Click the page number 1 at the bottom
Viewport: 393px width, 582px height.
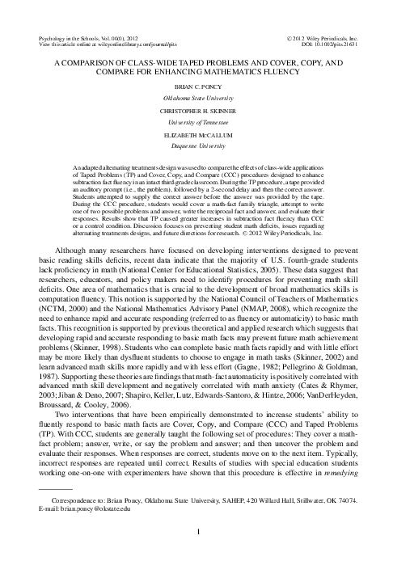(x=196, y=555)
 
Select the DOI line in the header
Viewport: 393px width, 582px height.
(x=332, y=45)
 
